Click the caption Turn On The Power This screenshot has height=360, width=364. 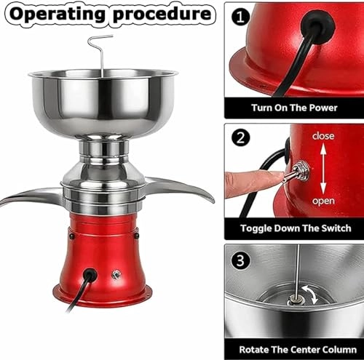(x=295, y=107)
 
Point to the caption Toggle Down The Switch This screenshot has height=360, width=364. (x=295, y=228)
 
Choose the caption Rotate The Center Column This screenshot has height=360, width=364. (x=295, y=348)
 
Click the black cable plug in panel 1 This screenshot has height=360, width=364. (x=318, y=25)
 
